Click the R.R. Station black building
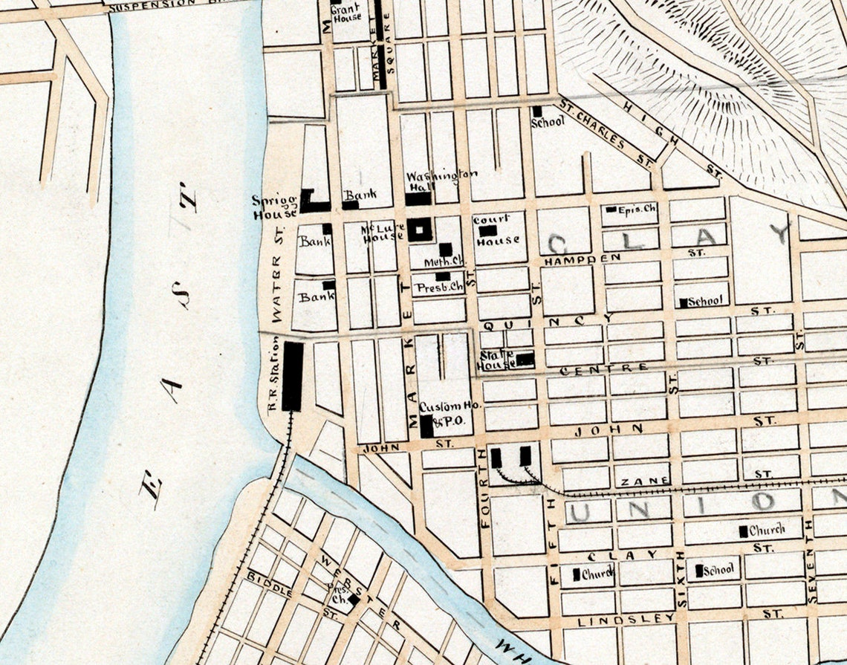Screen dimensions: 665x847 click(x=292, y=376)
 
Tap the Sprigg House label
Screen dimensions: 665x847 click(x=274, y=207)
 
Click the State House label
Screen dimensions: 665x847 click(x=496, y=360)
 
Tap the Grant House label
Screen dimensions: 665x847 click(x=346, y=12)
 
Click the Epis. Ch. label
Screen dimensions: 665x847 click(x=637, y=210)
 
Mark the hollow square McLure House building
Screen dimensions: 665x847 click(x=420, y=230)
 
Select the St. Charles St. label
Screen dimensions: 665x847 click(x=605, y=132)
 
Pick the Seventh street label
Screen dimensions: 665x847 click(x=811, y=577)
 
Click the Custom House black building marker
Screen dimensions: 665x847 click(x=426, y=426)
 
